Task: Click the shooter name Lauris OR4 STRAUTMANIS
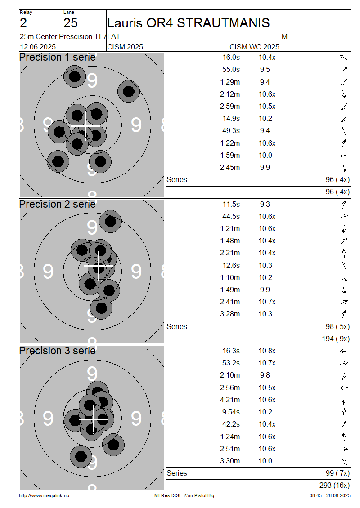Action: coord(189,23)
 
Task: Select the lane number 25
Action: coord(71,23)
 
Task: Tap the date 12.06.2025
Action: coord(38,47)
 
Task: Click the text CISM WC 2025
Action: coord(254,47)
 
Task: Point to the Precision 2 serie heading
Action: coord(58,204)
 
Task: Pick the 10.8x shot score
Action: coord(267,351)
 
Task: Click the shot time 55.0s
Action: coord(231,69)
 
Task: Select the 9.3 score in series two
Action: coord(265,205)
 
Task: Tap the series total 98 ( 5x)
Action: coord(337,326)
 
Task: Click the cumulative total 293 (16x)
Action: coord(334,486)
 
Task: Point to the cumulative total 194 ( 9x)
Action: coord(336,339)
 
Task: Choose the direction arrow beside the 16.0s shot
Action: coord(344,58)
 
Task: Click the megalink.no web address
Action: coord(44,496)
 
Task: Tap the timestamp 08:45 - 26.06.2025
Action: coord(330,496)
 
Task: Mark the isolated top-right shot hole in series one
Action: coord(128,91)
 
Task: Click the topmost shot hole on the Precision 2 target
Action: coord(110,221)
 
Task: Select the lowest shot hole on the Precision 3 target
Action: coord(81,456)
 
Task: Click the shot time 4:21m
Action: coord(230,400)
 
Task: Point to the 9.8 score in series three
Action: coord(265,375)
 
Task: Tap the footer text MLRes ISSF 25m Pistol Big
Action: coord(184,496)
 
